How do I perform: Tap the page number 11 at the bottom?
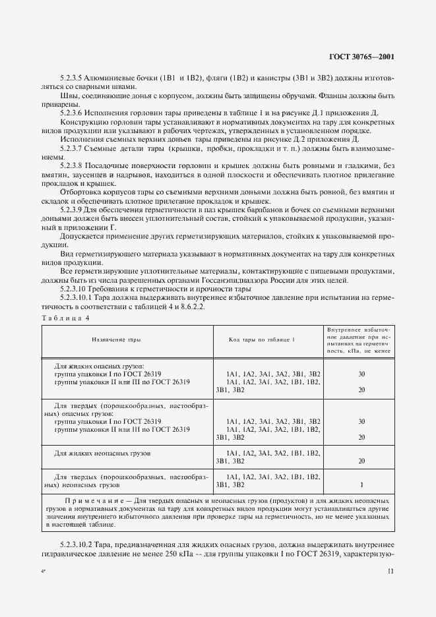390,573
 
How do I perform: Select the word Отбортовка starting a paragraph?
81,192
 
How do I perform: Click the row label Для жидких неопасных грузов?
104,454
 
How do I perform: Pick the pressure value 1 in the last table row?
361,485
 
